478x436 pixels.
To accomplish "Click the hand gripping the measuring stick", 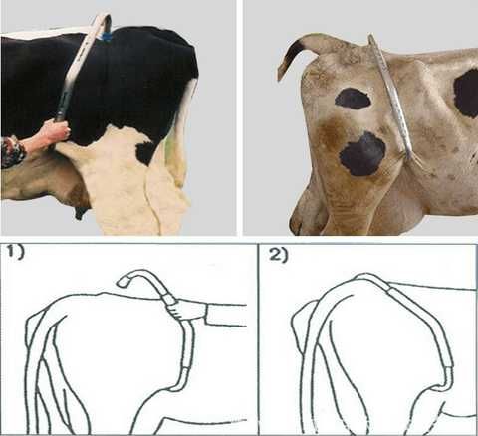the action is click(56, 132).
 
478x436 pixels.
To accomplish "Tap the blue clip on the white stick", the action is click(107, 36).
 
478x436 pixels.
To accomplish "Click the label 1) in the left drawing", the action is click(16, 253).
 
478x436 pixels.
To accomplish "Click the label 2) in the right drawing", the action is click(278, 255).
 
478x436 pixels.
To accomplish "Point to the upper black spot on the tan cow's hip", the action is click(353, 99).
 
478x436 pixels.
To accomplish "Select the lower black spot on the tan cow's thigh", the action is click(362, 154).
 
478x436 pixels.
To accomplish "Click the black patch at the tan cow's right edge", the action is click(466, 94).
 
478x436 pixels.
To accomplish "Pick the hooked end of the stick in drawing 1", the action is click(123, 282).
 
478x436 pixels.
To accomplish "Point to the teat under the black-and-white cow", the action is click(79, 212).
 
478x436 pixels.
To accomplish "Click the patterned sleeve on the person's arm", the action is click(12, 152).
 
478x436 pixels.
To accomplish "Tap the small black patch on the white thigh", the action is click(145, 152).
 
